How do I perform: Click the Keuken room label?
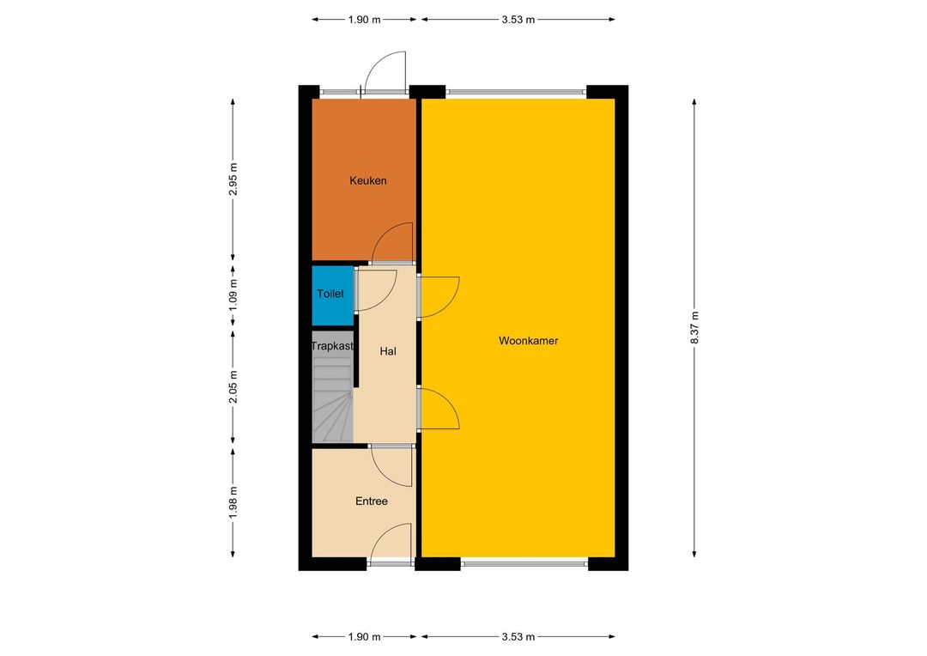367,180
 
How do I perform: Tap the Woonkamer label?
529,341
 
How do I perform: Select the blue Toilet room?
333,295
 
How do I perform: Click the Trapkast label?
332,346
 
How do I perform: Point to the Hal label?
388,351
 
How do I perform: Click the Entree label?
372,501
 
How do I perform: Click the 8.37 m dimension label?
694,328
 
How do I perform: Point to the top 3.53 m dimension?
518,20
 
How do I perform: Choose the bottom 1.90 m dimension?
364,637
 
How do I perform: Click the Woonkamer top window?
516,92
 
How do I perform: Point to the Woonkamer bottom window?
524,564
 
